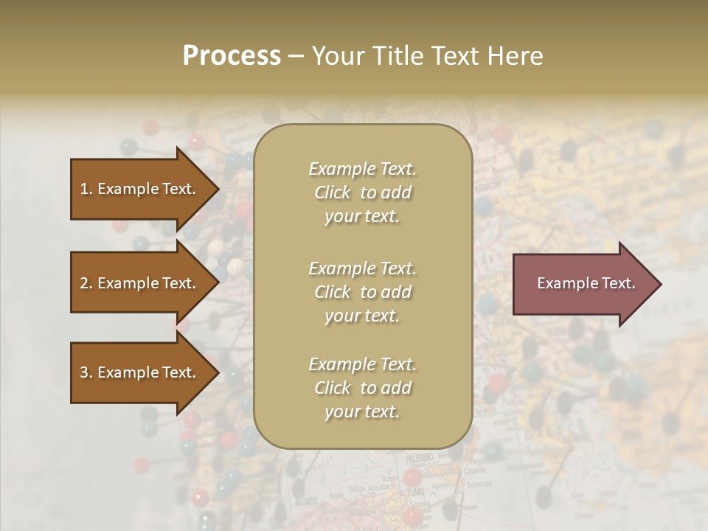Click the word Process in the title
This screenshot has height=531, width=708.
coord(232,56)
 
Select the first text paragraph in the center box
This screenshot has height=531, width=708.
coord(362,192)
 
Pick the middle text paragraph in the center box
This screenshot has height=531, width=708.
coord(362,292)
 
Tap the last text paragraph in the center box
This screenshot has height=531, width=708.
coord(362,388)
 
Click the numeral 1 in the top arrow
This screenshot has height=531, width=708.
coord(84,189)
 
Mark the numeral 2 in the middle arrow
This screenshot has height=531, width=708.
coord(84,283)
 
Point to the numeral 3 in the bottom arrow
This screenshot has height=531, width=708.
coord(84,372)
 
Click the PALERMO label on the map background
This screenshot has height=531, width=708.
coord(418,457)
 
